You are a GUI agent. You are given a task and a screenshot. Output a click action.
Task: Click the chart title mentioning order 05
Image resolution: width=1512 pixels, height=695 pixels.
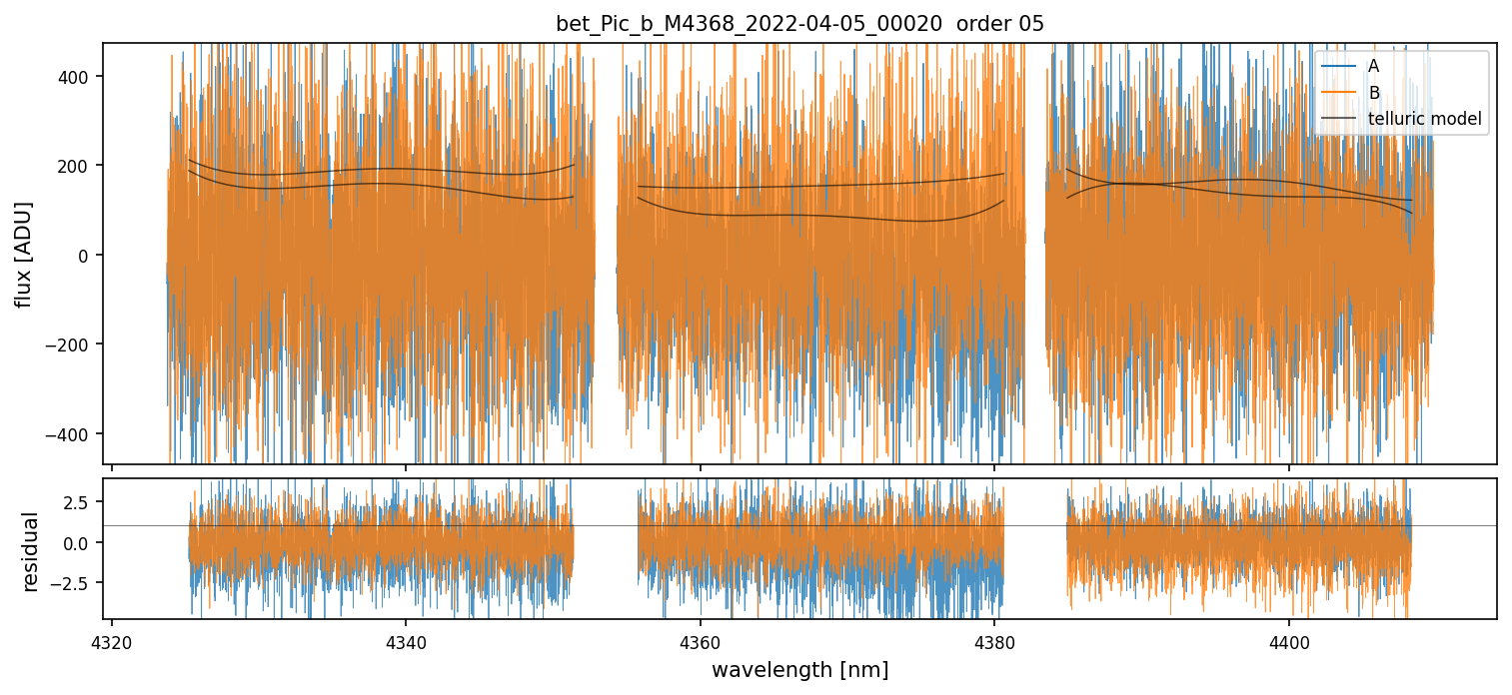tap(799, 24)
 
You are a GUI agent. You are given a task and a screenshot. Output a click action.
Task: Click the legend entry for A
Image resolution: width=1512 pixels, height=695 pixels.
tap(1373, 66)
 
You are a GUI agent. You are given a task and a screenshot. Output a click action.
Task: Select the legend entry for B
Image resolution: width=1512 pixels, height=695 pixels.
tap(1373, 93)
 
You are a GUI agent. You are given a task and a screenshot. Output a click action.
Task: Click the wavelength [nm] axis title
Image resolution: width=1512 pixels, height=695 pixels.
tap(799, 669)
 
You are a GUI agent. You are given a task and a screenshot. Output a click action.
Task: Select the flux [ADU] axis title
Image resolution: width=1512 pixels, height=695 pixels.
tap(23, 254)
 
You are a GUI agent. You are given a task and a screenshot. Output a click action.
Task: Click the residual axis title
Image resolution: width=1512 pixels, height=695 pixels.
tap(31, 551)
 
